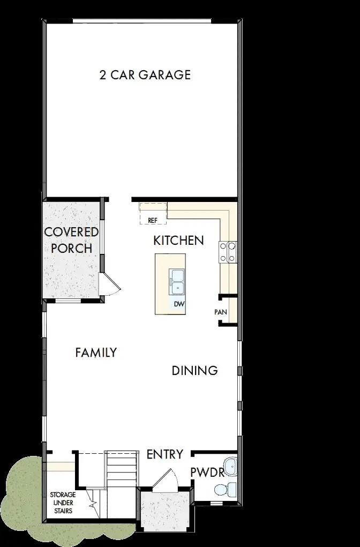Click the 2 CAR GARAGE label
(145, 74)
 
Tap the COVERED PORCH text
(71, 240)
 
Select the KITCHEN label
(178, 241)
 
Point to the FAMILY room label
(96, 353)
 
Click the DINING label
(194, 370)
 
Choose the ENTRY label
(165, 454)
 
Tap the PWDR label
(207, 472)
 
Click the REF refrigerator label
(152, 220)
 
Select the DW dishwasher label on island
(178, 304)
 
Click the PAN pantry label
(220, 311)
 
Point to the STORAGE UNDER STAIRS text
(63, 503)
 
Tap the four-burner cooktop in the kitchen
(227, 252)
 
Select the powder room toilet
(224, 489)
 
